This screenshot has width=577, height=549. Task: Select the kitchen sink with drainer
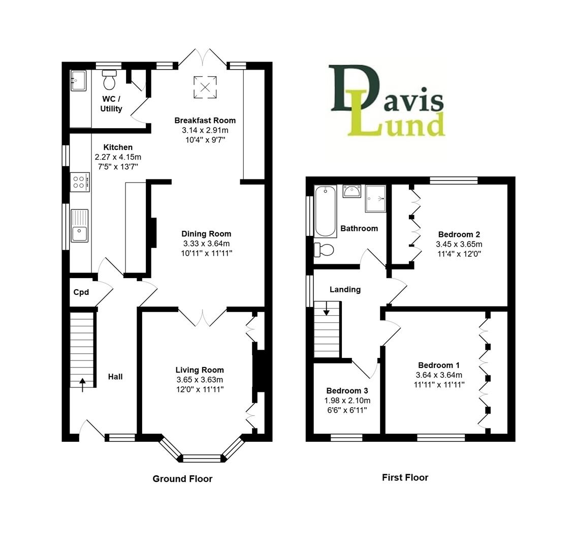point(80,226)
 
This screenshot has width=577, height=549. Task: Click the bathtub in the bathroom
point(325,211)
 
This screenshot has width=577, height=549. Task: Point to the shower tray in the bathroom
point(375,198)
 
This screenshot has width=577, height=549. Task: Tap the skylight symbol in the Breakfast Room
point(205,86)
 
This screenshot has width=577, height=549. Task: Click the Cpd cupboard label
point(81,292)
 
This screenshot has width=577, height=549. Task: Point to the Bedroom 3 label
point(347,391)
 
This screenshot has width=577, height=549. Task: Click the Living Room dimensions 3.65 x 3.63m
point(200,380)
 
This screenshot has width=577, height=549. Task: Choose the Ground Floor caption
point(182,479)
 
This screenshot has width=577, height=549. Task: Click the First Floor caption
point(405,477)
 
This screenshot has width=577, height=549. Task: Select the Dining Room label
point(206,234)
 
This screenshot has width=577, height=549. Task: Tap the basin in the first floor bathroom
point(351,192)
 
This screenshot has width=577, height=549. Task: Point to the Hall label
point(115,377)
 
